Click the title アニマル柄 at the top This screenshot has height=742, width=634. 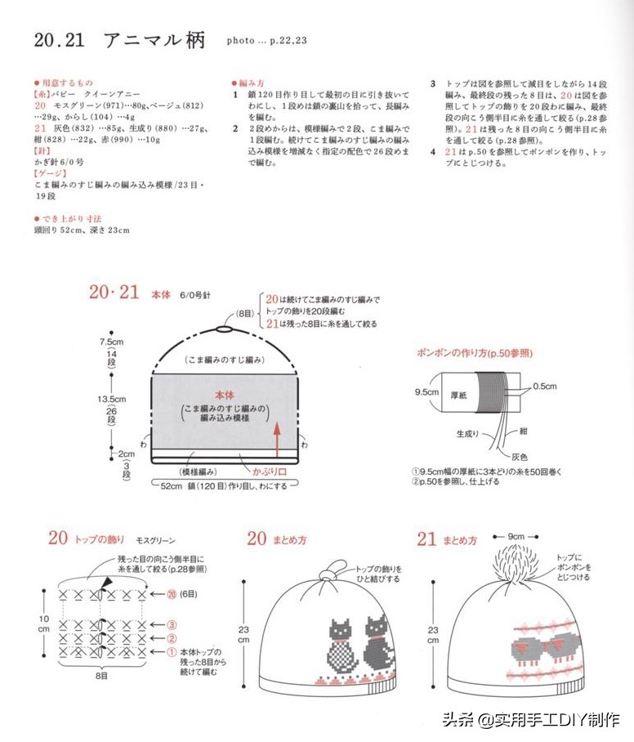tap(155, 40)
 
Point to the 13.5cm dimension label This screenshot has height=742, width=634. tap(110, 400)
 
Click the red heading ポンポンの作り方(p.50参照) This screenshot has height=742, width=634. tap(474, 353)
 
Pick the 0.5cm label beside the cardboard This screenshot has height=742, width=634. tap(545, 387)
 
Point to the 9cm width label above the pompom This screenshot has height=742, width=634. tap(516, 536)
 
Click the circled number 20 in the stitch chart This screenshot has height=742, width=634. tap(172, 594)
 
